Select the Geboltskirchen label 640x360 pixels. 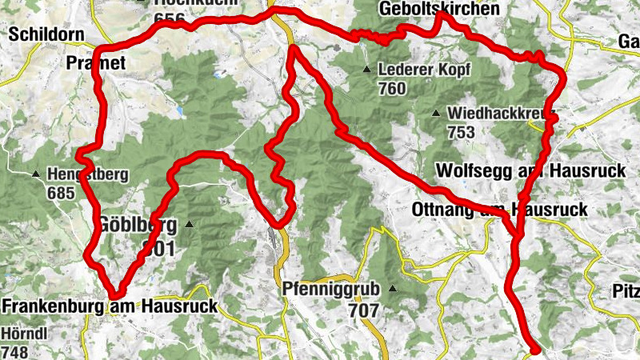point(441,9)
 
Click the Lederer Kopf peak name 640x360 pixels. point(420,69)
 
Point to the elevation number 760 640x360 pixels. point(392,88)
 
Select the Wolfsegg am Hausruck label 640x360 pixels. point(512,171)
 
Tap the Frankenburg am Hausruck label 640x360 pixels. point(110,306)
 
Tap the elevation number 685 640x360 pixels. point(60,193)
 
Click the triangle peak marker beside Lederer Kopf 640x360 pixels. point(366,69)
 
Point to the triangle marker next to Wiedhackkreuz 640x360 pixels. point(436,113)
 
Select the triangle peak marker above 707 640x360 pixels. point(392,289)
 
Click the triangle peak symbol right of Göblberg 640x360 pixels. point(189,224)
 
